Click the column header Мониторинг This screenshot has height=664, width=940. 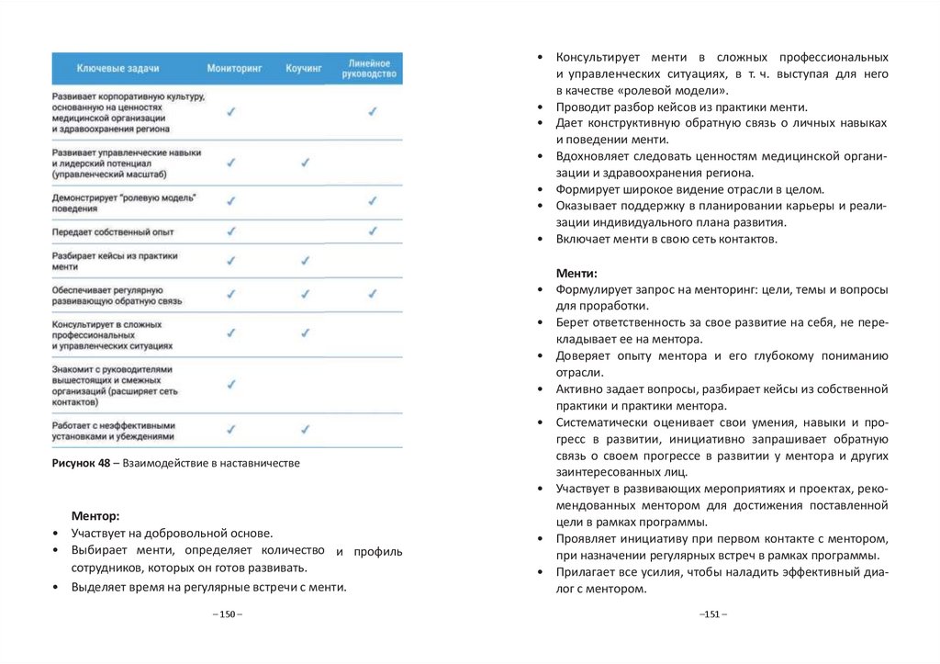tap(234, 68)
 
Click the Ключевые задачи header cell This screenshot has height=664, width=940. tap(118, 68)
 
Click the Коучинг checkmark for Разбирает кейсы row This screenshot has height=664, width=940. tap(306, 261)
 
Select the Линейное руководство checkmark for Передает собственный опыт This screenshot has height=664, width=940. tap(373, 231)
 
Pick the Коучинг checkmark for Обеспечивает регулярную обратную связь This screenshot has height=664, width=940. tap(306, 294)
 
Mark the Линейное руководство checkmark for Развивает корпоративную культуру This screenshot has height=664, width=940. tap(373, 111)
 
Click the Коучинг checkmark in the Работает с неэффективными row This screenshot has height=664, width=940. tap(306, 429)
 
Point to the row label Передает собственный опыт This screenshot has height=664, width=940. tap(113, 232)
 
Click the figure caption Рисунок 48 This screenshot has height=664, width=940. tap(175, 464)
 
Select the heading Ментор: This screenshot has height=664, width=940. tap(95, 516)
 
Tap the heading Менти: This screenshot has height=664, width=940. tap(576, 273)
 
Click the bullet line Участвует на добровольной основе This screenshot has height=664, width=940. tap(172, 533)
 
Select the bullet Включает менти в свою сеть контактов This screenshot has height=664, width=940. tap(666, 239)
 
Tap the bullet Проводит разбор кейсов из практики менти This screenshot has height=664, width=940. tap(681, 107)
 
